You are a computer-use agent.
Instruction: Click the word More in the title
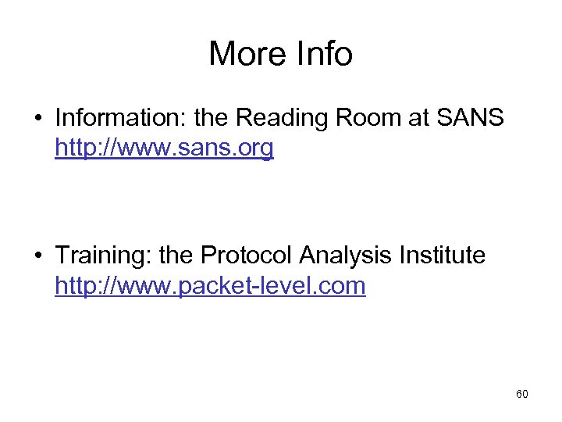coord(244,54)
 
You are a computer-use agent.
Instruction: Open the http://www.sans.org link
coord(164,148)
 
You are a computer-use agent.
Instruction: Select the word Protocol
coord(247,255)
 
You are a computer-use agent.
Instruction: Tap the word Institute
coord(446,255)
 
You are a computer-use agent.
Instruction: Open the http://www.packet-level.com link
coord(210,285)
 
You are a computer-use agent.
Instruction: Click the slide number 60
coord(522,395)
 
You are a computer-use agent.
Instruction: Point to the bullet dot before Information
coord(37,119)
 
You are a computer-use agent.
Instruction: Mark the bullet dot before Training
coord(37,256)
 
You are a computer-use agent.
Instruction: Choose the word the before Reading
coord(210,118)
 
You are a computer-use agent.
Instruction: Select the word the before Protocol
coord(176,255)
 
